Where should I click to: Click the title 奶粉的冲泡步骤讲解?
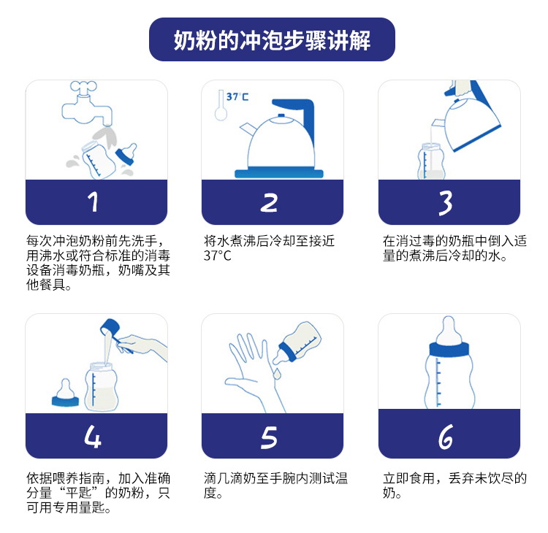coord(272,40)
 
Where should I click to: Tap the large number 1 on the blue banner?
coord(94,202)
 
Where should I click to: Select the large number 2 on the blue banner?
coord(269,202)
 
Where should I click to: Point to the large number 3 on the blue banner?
coord(446,202)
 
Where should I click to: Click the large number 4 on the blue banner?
coord(93,436)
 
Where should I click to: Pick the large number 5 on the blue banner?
coord(269,437)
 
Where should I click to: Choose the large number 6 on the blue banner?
coord(446,437)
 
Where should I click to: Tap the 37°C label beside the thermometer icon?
coord(237,97)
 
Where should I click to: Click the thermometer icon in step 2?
coord(221,105)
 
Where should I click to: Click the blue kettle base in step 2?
coord(279,173)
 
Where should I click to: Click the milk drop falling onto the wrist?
coord(277,374)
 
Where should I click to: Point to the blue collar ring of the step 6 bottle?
coord(449,349)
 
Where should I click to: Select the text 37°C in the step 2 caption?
coord(218,256)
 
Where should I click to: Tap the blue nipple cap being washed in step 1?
coord(126,153)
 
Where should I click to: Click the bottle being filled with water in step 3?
coord(431,161)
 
